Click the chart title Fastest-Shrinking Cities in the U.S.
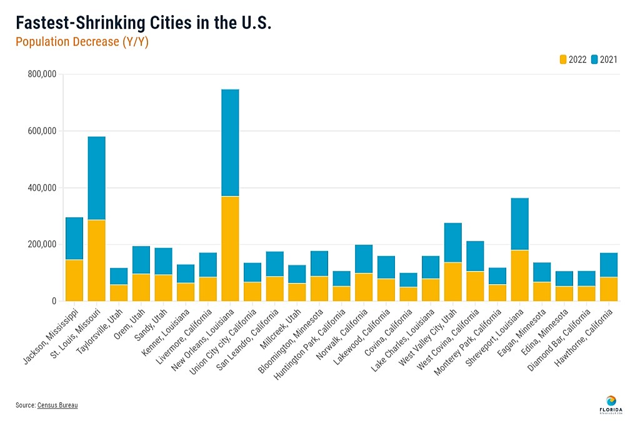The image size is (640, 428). pyautogui.click(x=143, y=24)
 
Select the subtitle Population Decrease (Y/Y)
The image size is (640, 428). pyautogui.click(x=82, y=43)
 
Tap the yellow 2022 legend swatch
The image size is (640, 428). pyautogui.click(x=562, y=59)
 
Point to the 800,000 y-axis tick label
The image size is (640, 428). pyautogui.click(x=42, y=74)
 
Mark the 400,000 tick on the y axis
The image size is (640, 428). pyautogui.click(x=42, y=188)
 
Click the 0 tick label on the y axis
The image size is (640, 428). pyautogui.click(x=54, y=301)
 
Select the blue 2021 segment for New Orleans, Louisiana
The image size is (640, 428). pyautogui.click(x=230, y=143)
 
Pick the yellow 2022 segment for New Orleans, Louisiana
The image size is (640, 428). pyautogui.click(x=230, y=248)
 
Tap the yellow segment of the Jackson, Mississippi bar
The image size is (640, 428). pyautogui.click(x=74, y=280)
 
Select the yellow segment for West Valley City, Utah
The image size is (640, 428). pyautogui.click(x=452, y=281)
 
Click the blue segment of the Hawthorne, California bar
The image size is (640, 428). pyautogui.click(x=608, y=265)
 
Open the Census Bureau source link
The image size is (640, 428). pyautogui.click(x=57, y=405)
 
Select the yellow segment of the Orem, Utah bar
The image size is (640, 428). pyautogui.click(x=141, y=287)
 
